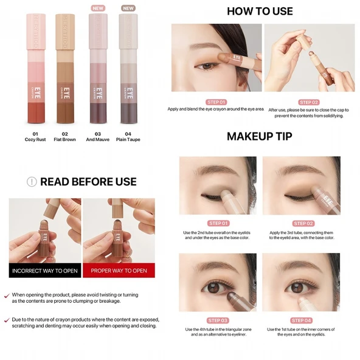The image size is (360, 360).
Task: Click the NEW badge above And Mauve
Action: (x=97, y=9)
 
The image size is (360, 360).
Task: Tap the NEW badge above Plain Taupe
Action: (x=128, y=9)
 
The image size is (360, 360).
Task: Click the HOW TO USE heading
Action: (x=260, y=11)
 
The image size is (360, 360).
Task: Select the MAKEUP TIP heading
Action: (x=260, y=136)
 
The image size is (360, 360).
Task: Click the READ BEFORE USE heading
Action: (x=88, y=181)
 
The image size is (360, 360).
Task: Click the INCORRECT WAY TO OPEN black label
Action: (x=45, y=271)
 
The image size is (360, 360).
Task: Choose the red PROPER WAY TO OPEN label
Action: (x=119, y=271)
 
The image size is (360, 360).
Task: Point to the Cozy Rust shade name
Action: (x=36, y=139)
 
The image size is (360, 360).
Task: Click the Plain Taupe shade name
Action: (x=128, y=139)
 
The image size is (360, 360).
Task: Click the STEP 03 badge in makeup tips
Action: (x=218, y=320)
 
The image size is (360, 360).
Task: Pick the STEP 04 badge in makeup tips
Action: (x=301, y=320)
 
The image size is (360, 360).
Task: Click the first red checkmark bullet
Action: (x=6, y=295)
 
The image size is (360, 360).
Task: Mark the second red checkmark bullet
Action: (x=6, y=319)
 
